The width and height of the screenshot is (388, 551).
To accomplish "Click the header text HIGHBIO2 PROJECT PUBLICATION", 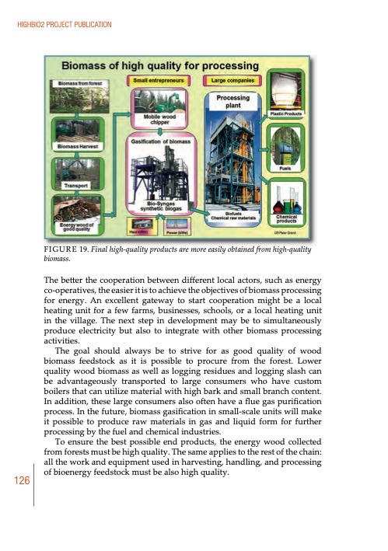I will click(x=61, y=26).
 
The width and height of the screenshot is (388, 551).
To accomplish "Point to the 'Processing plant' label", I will click(x=233, y=101).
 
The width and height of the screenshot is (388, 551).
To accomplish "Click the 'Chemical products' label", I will click(x=285, y=218).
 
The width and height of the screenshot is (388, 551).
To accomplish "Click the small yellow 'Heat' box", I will click(x=140, y=230).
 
